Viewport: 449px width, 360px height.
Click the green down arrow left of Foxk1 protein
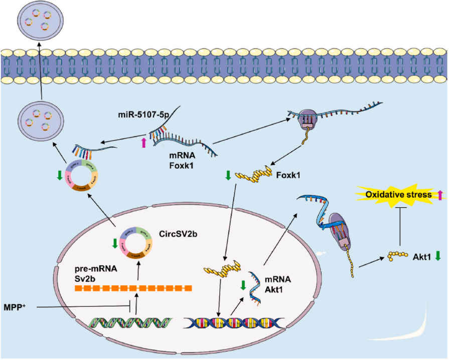pos(228,176)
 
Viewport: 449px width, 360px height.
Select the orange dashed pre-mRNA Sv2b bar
pos(133,289)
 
